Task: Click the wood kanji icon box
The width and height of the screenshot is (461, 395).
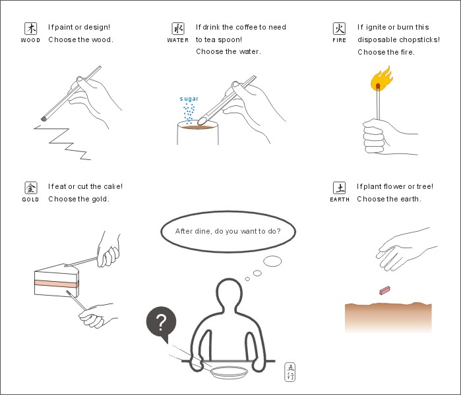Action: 30,28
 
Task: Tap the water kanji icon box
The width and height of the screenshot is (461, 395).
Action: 178,28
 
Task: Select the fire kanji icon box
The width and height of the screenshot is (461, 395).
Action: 339,28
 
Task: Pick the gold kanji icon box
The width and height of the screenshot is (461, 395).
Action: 30,188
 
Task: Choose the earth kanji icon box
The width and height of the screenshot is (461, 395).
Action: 339,188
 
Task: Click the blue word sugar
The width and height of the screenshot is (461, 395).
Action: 189,99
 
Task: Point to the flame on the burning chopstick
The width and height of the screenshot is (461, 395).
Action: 381,78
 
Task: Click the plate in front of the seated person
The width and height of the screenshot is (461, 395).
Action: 229,372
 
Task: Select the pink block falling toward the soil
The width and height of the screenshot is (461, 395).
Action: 384,290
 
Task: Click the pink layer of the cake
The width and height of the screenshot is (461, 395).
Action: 57,284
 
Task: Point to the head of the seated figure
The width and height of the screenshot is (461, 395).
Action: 230,294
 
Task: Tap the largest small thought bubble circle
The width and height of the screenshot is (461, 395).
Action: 272,261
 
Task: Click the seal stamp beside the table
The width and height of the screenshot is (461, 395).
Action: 290,372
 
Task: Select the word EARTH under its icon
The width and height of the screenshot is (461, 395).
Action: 340,199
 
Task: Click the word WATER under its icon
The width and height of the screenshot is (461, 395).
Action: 178,40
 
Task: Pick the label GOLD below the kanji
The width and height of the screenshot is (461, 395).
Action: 30,199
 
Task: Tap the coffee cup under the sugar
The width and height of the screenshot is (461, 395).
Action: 198,133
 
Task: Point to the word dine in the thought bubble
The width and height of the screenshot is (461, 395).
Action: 202,231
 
